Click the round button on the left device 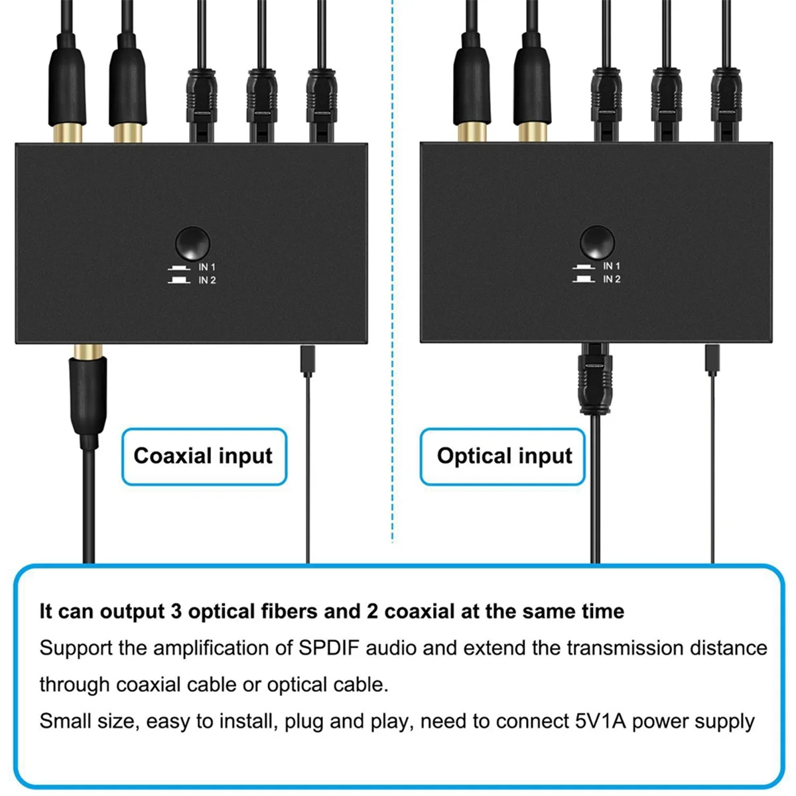tap(192, 243)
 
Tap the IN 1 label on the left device tap(207, 267)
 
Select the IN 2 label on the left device tap(207, 280)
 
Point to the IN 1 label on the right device tap(612, 266)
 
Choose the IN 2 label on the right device tap(612, 279)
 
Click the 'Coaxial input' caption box tap(204, 456)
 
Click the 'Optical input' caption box tap(502, 456)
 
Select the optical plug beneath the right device tap(595, 378)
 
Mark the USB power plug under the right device tap(712, 360)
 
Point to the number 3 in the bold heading tap(176, 612)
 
